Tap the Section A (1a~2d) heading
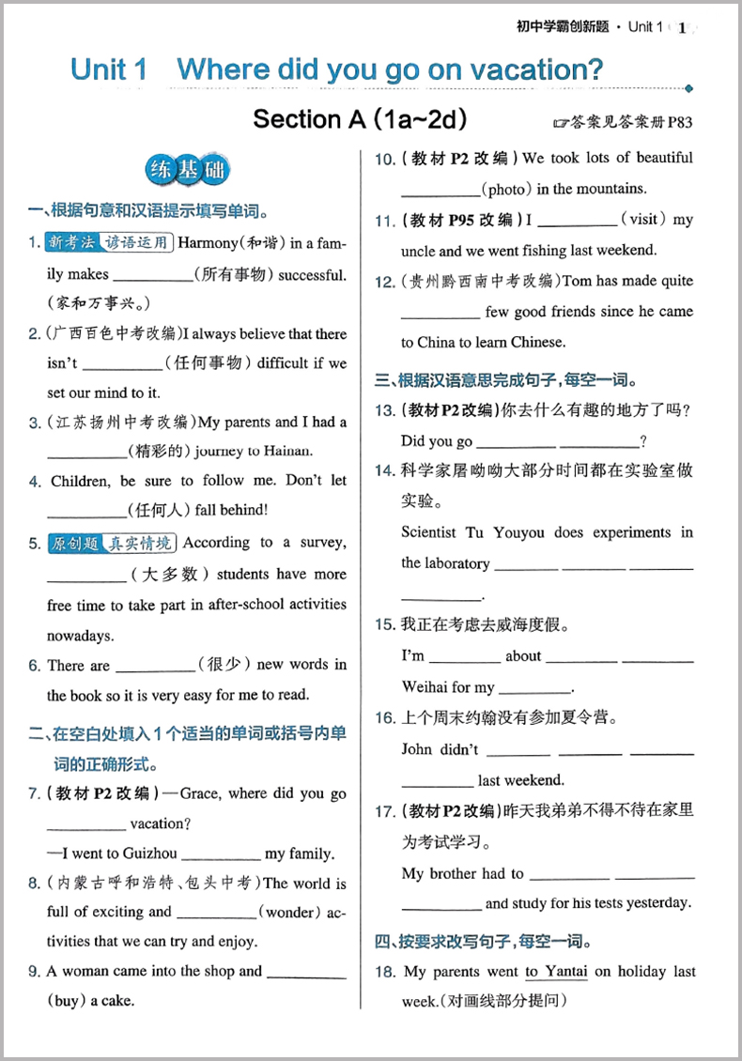pyautogui.click(x=360, y=119)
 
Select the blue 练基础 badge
pyautogui.click(x=188, y=170)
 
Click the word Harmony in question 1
pyautogui.click(x=211, y=243)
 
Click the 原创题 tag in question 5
pyautogui.click(x=72, y=544)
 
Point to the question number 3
pyautogui.click(x=34, y=423)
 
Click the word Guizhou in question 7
pyautogui.click(x=149, y=853)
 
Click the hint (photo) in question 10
pyautogui.click(x=513, y=189)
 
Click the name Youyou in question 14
pyautogui.click(x=517, y=532)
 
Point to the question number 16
pyautogui.click(x=384, y=719)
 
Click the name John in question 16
pyautogui.click(x=417, y=749)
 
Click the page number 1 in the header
pyautogui.click(x=683, y=27)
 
